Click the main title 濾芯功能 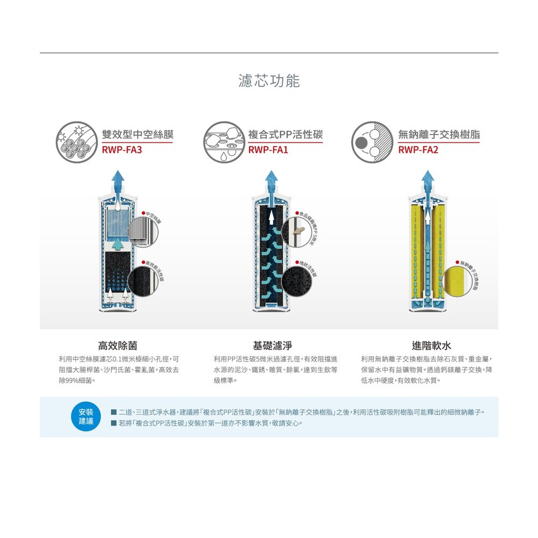tap(269, 81)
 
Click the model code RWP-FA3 tap(122, 150)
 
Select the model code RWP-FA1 tap(268, 150)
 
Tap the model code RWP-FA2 tap(418, 150)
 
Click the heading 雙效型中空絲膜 tap(137, 134)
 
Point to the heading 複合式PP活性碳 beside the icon tap(285, 134)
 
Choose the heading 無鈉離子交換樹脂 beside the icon tap(438, 134)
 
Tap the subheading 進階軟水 tap(428, 345)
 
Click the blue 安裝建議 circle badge tap(86, 417)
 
